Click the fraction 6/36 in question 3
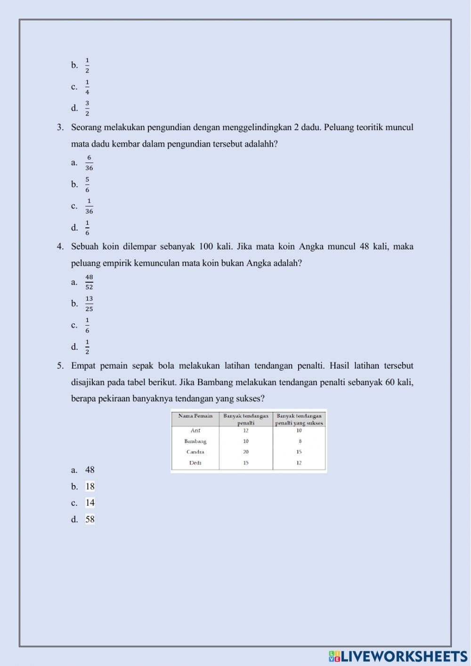point(89,163)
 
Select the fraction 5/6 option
point(87,184)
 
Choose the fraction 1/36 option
point(89,206)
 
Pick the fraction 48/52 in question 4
point(89,282)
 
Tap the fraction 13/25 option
point(89,304)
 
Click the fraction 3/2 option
point(87,108)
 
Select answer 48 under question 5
point(89,470)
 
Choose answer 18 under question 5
point(90,486)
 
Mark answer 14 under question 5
point(90,503)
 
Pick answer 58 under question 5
point(90,519)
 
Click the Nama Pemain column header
point(195,416)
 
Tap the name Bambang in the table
point(195,442)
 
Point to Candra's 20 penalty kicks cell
point(246,452)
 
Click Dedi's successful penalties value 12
point(299,463)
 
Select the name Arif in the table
point(195,431)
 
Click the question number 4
point(60,247)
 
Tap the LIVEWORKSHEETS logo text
point(404,657)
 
